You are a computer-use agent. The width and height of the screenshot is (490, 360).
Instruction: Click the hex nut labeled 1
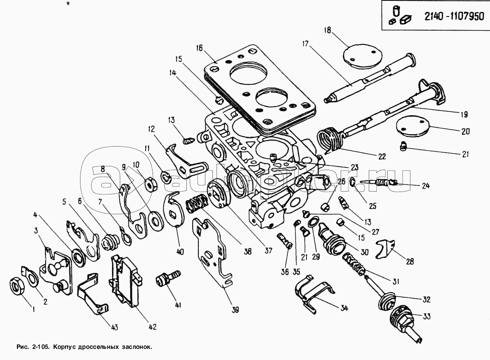click(17, 286)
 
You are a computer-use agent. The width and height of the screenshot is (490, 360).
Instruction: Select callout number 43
click(114, 327)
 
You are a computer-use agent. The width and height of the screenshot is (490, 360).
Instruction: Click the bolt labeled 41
click(167, 279)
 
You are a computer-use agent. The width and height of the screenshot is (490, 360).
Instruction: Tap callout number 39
click(236, 309)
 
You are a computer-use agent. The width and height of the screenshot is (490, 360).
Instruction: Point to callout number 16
click(199, 48)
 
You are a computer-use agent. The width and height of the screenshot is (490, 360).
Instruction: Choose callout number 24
click(425, 186)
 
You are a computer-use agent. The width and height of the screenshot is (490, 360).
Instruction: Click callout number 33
click(426, 317)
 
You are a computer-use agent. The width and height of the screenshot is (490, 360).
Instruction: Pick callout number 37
click(269, 251)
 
